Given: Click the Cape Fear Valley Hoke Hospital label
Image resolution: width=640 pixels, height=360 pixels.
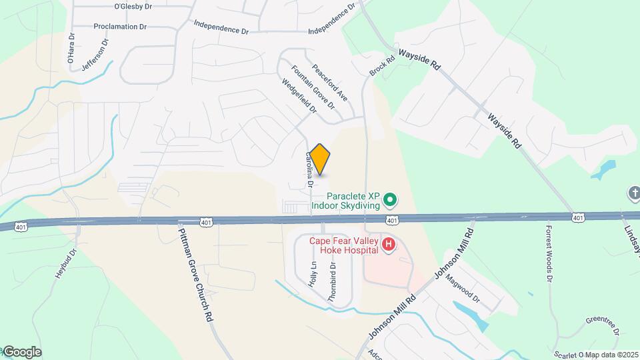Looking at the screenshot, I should pyautogui.click(x=344, y=245).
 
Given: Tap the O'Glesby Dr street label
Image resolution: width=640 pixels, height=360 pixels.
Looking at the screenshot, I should pyautogui.click(x=133, y=7).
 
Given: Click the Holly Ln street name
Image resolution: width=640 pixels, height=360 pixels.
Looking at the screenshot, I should pyautogui.click(x=312, y=274).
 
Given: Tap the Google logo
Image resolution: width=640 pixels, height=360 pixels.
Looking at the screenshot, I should pyautogui.click(x=21, y=351).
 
